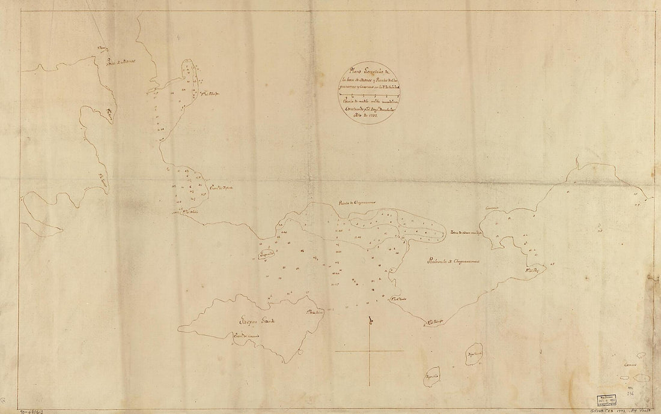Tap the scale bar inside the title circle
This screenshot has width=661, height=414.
(365, 95)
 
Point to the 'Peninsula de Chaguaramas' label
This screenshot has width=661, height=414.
(453, 262)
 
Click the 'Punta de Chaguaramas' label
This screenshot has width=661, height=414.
(356, 205)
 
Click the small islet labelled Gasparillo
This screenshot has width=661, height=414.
(262, 256)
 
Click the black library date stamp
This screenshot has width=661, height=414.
(604, 401)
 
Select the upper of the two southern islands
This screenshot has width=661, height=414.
(474, 356)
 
